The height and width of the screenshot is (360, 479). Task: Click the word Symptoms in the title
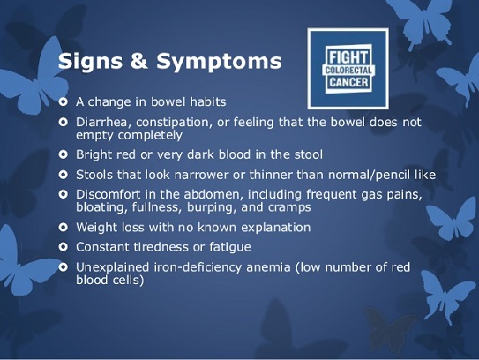[219, 62]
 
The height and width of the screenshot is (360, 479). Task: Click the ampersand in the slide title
[139, 60]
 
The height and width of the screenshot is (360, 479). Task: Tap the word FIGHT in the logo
[348, 57]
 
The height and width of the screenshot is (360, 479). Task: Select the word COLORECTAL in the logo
[348, 71]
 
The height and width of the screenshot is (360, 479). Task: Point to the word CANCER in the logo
[348, 82]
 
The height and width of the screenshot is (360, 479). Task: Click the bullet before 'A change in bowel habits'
[64, 101]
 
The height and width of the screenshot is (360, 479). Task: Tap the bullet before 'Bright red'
[64, 154]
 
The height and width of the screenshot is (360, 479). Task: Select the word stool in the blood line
[308, 154]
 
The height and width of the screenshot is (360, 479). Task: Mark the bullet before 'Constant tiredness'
[64, 247]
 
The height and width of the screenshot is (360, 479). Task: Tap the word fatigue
[230, 247]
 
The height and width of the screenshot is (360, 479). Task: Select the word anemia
[268, 267]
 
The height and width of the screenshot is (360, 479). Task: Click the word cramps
[290, 208]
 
